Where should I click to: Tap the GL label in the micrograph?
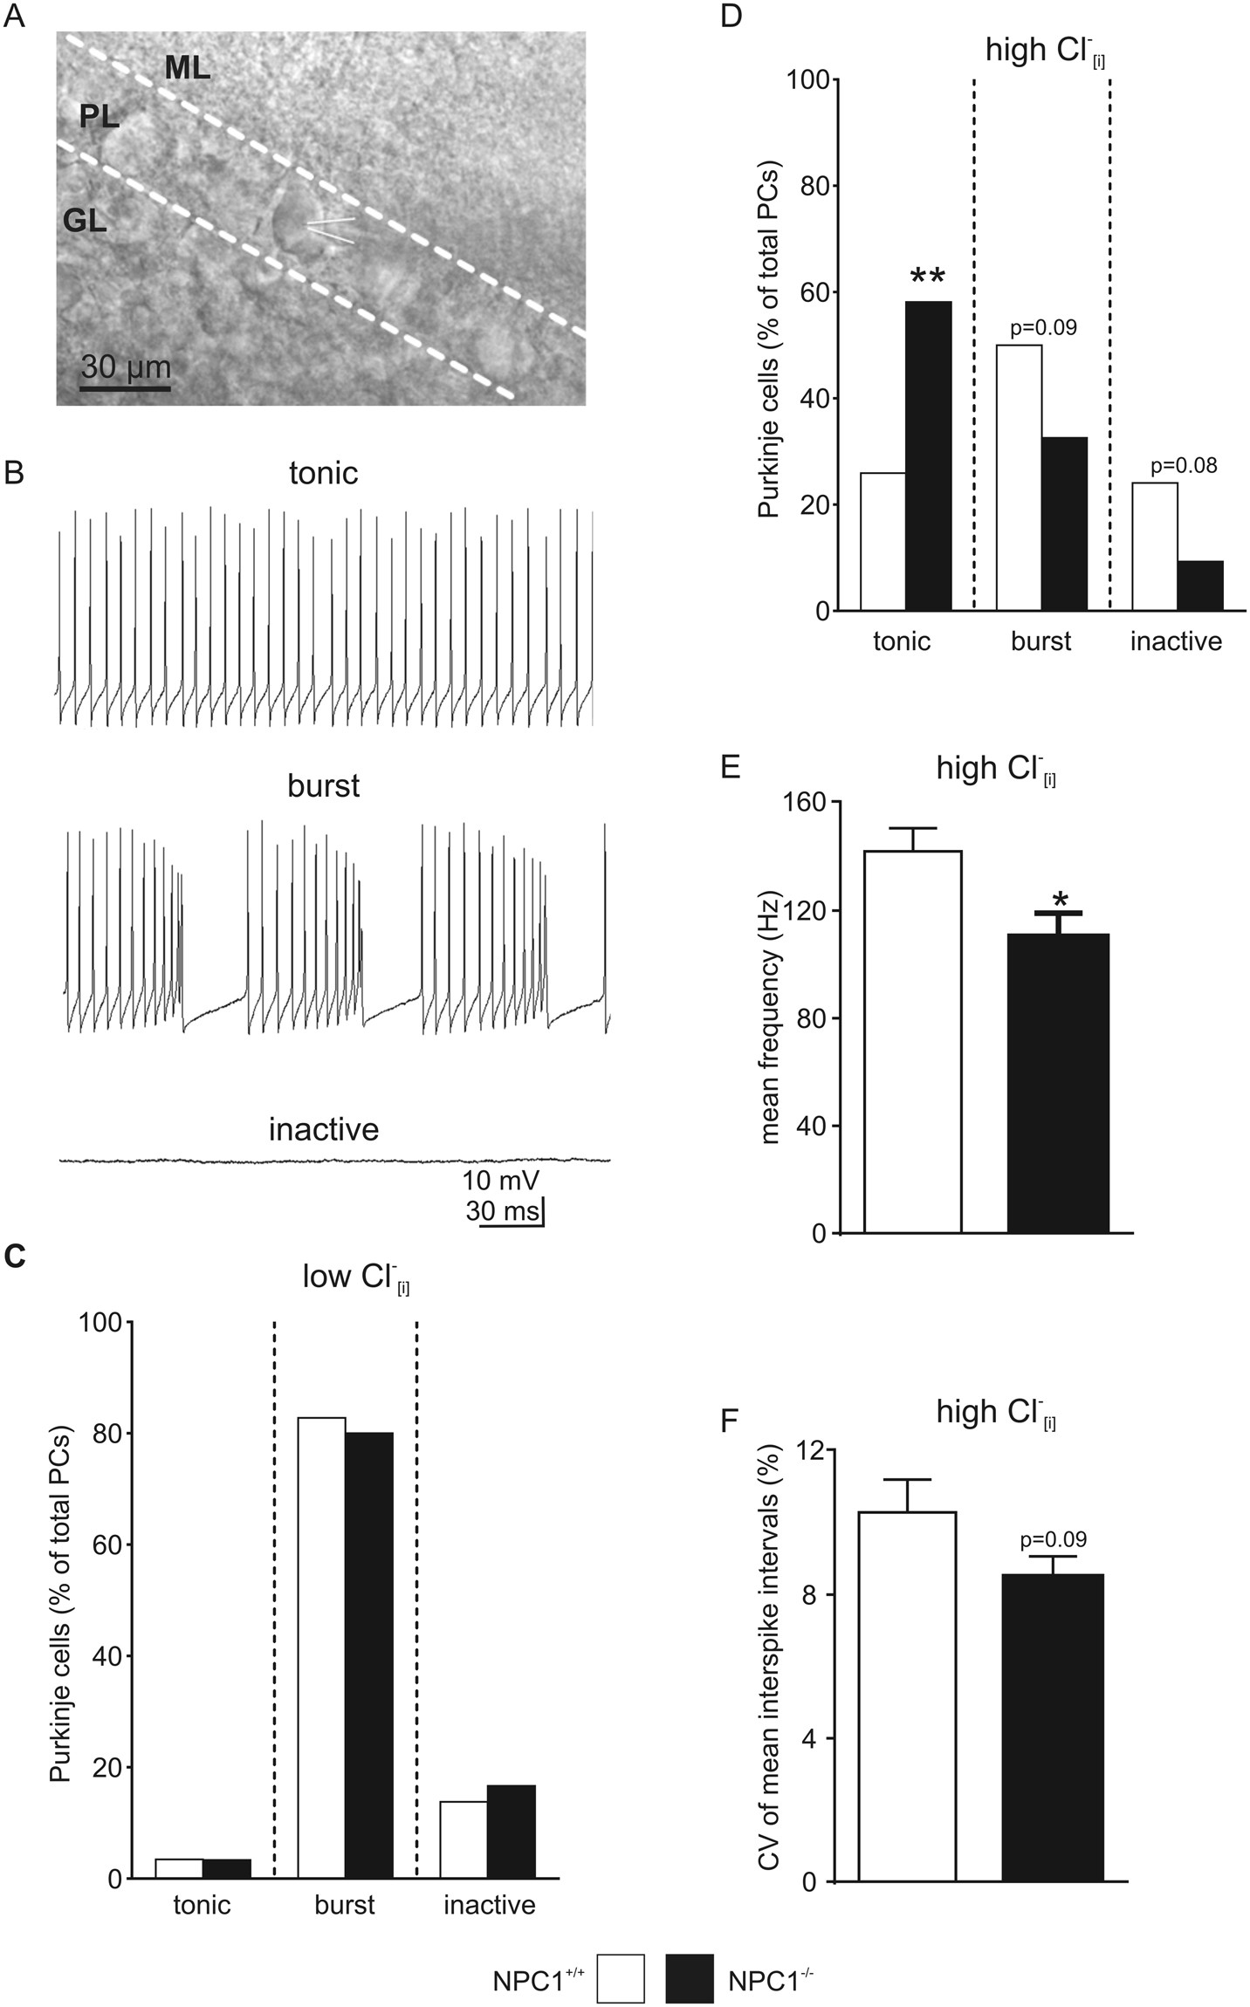click(x=85, y=221)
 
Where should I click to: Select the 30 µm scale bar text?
click(x=126, y=366)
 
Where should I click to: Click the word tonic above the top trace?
click(x=323, y=473)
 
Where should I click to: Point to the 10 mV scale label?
click(x=500, y=1181)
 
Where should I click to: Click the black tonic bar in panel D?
click(x=929, y=456)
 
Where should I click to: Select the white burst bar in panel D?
click(x=1019, y=477)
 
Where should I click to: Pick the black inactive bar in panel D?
click(x=1200, y=586)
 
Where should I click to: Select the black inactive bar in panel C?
click(x=512, y=1832)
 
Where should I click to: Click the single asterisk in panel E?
click(x=1060, y=901)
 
